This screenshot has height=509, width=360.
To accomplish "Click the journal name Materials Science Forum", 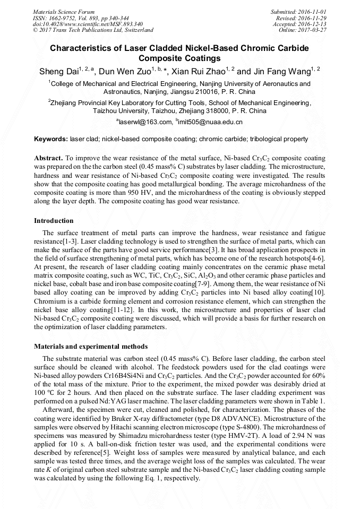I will [64, 12].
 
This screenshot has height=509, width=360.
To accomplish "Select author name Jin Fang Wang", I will [284, 71].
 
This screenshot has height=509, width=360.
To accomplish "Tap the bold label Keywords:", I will [51, 139].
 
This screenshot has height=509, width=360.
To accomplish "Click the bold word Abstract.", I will [48, 159].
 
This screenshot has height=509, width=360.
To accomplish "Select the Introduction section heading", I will [54, 220].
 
